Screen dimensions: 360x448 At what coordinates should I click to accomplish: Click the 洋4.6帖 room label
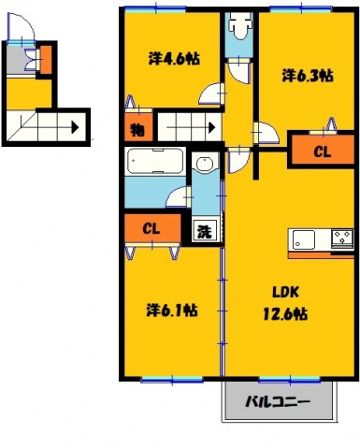click(x=174, y=58)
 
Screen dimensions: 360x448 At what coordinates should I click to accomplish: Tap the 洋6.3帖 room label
click(x=308, y=76)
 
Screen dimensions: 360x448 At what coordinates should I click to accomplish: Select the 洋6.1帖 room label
click(x=172, y=311)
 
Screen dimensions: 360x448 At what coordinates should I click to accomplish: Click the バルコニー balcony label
click(x=277, y=401)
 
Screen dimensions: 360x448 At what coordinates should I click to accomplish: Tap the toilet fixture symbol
click(x=239, y=26)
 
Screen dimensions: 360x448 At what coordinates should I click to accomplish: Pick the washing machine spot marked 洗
click(x=205, y=231)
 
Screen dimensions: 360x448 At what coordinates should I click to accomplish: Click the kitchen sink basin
click(x=303, y=239)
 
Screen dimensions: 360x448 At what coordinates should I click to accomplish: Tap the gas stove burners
click(x=342, y=238)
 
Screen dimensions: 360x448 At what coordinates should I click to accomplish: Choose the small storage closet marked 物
click(x=138, y=129)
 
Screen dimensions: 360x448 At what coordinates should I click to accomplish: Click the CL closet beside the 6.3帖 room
click(x=323, y=151)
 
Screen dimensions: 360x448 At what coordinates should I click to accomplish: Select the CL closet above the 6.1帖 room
click(x=152, y=228)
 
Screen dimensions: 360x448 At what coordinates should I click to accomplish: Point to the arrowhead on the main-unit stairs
click(x=212, y=127)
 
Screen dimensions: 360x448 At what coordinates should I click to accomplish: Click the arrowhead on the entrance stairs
click(x=75, y=127)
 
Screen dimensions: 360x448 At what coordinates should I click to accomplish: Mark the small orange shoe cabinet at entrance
click(x=46, y=60)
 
